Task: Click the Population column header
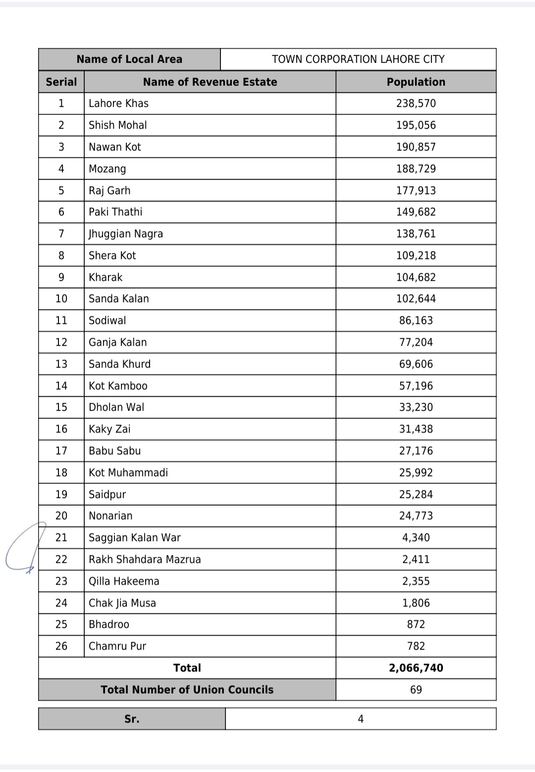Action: click(x=416, y=82)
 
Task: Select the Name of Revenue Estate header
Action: click(x=210, y=82)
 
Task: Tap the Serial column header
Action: click(x=61, y=82)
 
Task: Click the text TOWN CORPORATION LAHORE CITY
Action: click(x=358, y=59)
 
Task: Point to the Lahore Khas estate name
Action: click(x=118, y=103)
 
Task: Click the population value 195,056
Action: click(x=416, y=125)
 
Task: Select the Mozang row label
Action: click(x=107, y=169)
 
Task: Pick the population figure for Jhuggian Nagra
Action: click(x=416, y=234)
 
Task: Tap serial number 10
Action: click(x=61, y=298)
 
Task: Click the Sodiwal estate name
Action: click(x=107, y=320)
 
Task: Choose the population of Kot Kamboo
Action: click(x=416, y=386)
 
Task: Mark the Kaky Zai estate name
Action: click(x=109, y=429)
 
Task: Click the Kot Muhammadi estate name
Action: click(x=128, y=473)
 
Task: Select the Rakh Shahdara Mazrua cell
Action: click(x=145, y=559)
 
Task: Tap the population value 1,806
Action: click(x=416, y=603)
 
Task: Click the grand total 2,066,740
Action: click(x=416, y=668)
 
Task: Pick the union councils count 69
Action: click(x=416, y=690)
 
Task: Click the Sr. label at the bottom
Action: click(x=132, y=719)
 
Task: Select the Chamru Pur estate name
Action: click(x=117, y=646)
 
